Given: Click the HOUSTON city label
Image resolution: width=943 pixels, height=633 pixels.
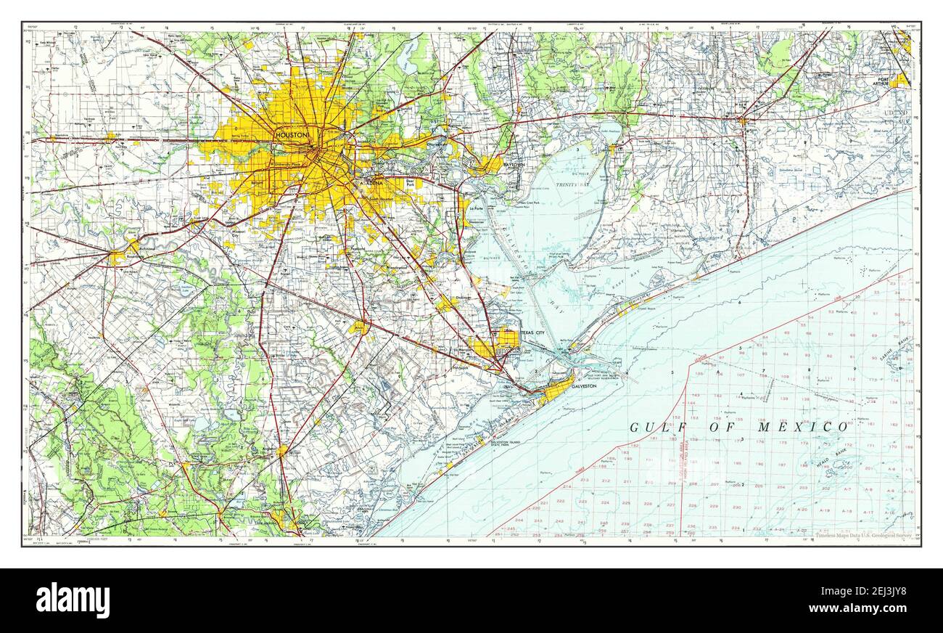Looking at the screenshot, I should tap(292, 135).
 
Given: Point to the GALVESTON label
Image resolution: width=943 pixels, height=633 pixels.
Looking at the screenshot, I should tap(583, 386).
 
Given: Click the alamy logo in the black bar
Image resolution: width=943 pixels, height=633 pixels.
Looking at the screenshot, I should tap(73, 600).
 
